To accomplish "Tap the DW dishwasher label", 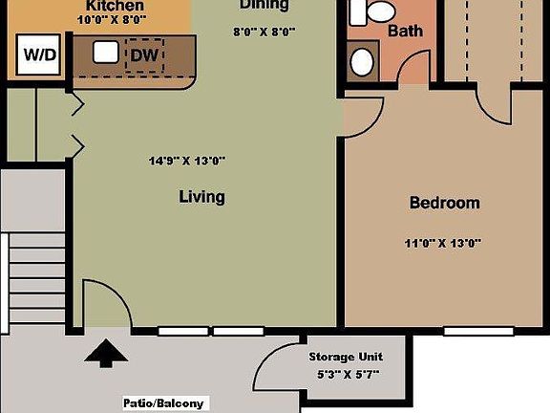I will coord(144,55).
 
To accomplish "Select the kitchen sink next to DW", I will coord(105,53).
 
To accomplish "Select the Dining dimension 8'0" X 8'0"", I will coord(264,31).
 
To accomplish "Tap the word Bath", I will coord(405,31).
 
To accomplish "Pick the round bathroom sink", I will coord(363,61).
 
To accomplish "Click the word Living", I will coord(201,197).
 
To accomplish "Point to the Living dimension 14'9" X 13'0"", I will coord(187,161).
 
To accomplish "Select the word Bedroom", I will coord(444,203).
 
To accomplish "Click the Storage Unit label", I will coord(345,357).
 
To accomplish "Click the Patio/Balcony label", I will coord(163,402).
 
